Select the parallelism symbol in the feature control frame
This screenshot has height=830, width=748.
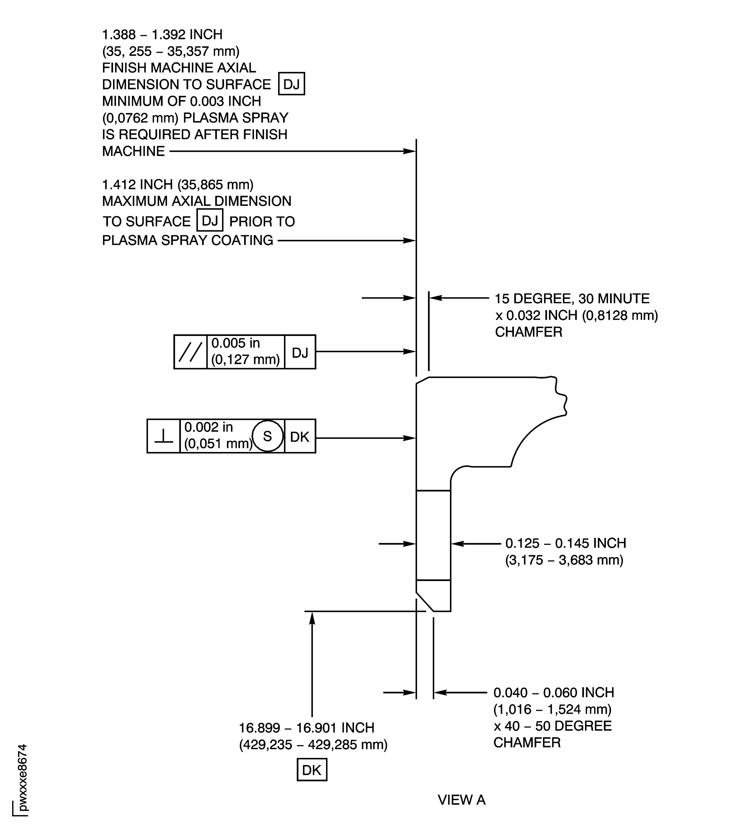[x=190, y=352]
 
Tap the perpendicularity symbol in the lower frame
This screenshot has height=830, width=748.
[x=164, y=436]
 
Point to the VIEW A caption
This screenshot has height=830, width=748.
[x=462, y=800]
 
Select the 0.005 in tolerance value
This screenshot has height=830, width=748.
[x=235, y=343]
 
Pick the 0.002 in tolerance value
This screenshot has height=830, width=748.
[x=208, y=427]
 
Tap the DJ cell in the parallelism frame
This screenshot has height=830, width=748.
[x=300, y=352]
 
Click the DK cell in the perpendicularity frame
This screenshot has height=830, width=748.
[x=300, y=436]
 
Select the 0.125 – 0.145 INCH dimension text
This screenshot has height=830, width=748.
[x=566, y=543]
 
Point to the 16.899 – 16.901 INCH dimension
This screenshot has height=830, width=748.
[x=306, y=728]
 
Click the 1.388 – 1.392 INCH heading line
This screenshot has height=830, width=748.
[x=162, y=35]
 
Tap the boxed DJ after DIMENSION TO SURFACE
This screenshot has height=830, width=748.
[x=291, y=84]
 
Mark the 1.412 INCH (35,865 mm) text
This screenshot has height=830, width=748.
[x=178, y=185]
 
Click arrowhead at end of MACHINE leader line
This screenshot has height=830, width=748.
[x=410, y=151]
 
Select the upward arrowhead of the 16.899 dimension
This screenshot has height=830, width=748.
[x=312, y=619]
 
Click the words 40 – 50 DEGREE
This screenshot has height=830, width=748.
[x=558, y=726]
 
